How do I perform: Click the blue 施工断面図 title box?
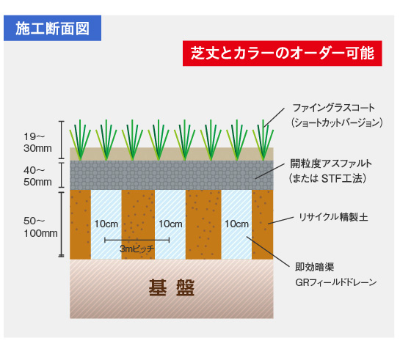[x=52, y=28]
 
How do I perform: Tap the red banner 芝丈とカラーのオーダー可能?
[x=282, y=54]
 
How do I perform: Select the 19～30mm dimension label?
[x=37, y=142]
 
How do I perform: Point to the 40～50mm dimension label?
[x=37, y=176]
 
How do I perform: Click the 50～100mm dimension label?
[x=40, y=227]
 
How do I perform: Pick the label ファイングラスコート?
[x=334, y=108]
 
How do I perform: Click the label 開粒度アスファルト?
[x=331, y=164]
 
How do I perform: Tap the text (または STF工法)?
[x=328, y=178]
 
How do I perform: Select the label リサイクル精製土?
[x=333, y=217]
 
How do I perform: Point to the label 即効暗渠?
[x=315, y=267]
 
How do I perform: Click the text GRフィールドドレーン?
[x=335, y=282]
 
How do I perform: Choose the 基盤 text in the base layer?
[x=172, y=287]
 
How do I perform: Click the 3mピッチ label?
[x=137, y=249]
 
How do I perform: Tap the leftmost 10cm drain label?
[x=106, y=224]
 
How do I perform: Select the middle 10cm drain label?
[x=170, y=224]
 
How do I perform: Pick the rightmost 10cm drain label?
[x=236, y=224]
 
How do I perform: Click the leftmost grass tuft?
[x=80, y=140]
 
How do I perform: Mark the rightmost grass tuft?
[x=263, y=140]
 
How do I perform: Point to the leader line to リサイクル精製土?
[x=281, y=221]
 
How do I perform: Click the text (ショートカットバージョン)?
[x=337, y=122]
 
